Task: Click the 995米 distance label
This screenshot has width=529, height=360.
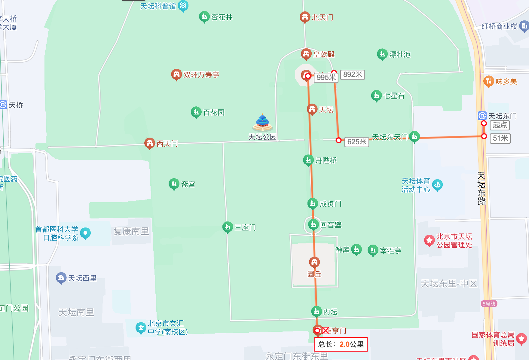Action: [326, 78]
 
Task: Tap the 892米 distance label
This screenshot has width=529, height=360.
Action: [353, 75]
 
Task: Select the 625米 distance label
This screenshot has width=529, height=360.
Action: [357, 142]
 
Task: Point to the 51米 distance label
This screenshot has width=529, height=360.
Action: [500, 138]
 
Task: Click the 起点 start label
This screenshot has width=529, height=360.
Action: [500, 125]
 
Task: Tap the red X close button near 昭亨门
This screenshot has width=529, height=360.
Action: [326, 331]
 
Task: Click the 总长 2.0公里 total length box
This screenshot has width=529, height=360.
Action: [341, 344]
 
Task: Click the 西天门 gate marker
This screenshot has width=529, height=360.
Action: [149, 143]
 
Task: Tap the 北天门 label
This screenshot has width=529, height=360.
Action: [323, 17]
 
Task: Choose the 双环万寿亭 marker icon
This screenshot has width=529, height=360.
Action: [176, 74]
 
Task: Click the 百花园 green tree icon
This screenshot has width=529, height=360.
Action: [196, 112]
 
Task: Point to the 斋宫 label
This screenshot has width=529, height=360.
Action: [188, 184]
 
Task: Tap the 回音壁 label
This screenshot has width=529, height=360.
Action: [331, 225]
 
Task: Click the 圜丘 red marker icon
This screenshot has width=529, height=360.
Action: [314, 262]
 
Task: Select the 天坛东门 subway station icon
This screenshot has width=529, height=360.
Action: [482, 116]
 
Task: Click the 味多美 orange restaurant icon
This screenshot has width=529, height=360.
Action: [488, 81]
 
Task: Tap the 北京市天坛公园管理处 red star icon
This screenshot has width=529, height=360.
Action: [430, 240]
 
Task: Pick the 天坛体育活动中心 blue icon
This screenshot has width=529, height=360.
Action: [437, 185]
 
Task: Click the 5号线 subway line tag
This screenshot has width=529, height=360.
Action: [489, 304]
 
